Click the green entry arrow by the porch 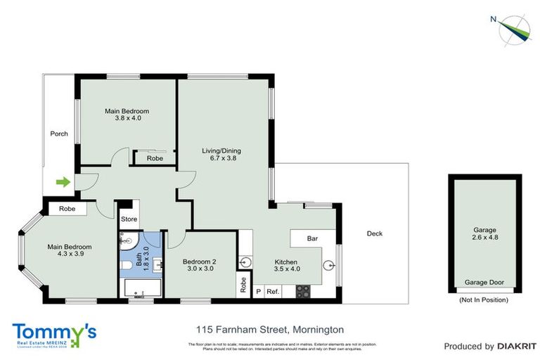pyautogui.click(x=63, y=182)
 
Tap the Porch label pyautogui.click(x=59, y=134)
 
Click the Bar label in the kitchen pyautogui.click(x=312, y=238)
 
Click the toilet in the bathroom pyautogui.click(x=126, y=265)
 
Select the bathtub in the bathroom pyautogui.click(x=143, y=288)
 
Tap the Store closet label pyautogui.click(x=129, y=219)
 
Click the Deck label pyautogui.click(x=375, y=233)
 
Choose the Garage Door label pyautogui.click(x=484, y=283)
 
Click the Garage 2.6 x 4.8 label pyautogui.click(x=484, y=234)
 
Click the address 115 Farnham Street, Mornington pyautogui.click(x=269, y=329)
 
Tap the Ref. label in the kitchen pyautogui.click(x=273, y=291)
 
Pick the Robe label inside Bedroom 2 pyautogui.click(x=243, y=284)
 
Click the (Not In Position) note pyautogui.click(x=484, y=300)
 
